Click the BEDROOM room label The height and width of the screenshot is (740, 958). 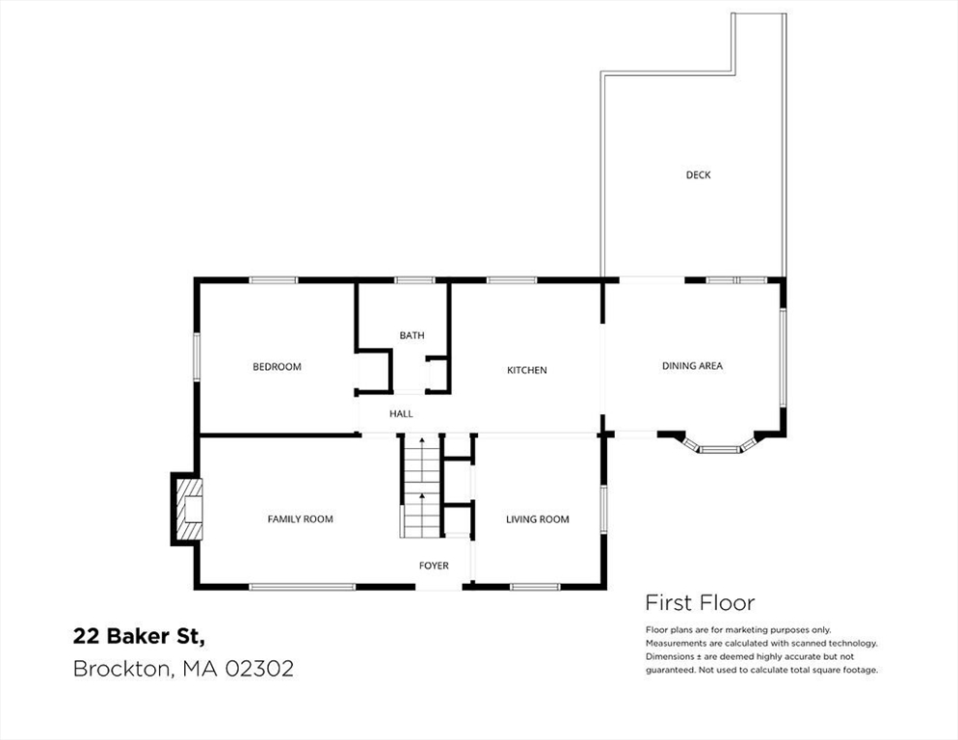click(277, 367)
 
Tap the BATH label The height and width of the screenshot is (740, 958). click(412, 335)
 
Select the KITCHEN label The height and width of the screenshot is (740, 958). click(526, 370)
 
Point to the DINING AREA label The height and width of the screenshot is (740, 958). click(692, 366)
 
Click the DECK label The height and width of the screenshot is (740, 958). click(698, 174)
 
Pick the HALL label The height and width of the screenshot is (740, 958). click(401, 413)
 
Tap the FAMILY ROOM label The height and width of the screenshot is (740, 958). click(300, 519)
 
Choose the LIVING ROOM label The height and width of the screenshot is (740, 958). click(537, 519)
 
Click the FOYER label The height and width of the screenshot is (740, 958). click(434, 566)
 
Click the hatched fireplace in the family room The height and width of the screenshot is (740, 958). click(187, 509)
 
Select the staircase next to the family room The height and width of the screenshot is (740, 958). click(421, 487)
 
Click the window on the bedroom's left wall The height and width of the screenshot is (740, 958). click(197, 357)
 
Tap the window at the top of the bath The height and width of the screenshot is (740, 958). click(414, 280)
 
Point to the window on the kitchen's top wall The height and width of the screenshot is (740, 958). click(512, 280)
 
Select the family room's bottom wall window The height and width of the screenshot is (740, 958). click(303, 587)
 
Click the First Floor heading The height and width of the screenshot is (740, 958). click(700, 603)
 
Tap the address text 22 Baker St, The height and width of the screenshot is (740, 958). click(140, 637)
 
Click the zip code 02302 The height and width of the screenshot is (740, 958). click(259, 669)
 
